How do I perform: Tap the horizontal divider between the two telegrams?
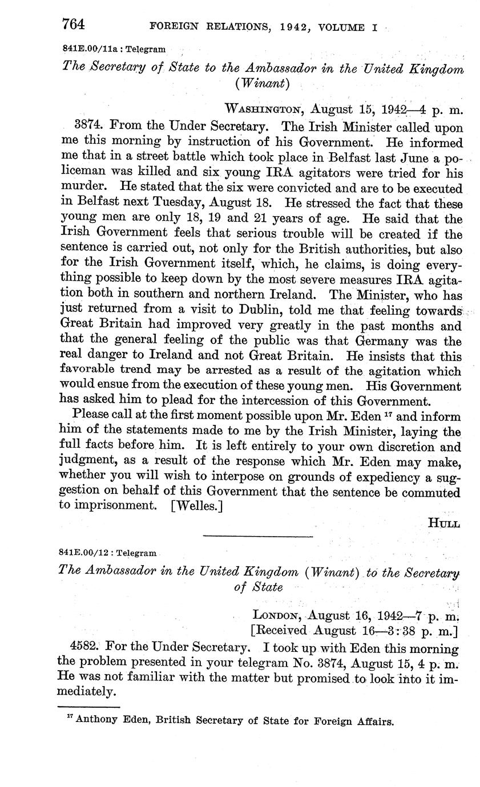258,536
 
